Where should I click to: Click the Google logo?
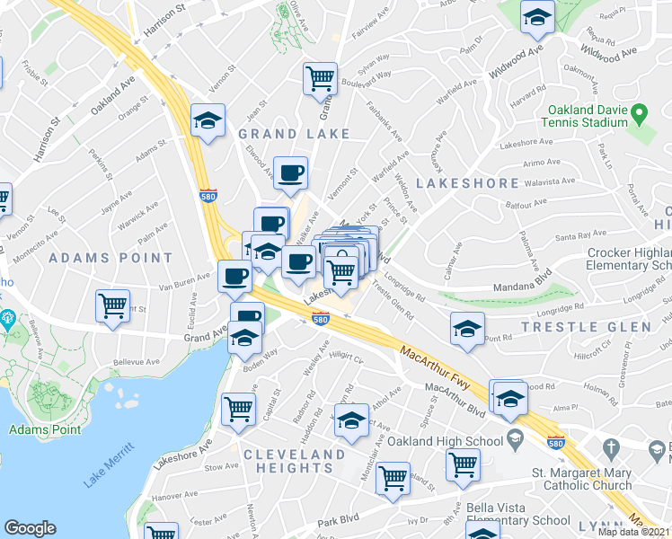pos(30,527)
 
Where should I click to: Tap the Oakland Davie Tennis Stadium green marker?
pos(639,114)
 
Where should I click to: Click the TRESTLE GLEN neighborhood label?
pos(598,326)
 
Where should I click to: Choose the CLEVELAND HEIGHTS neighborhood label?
pos(294,461)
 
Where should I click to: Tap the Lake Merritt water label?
pos(109,464)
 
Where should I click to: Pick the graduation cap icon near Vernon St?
pos(208,120)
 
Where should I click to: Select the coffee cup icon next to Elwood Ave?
pos(290,172)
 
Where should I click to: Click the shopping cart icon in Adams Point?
pos(112,305)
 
